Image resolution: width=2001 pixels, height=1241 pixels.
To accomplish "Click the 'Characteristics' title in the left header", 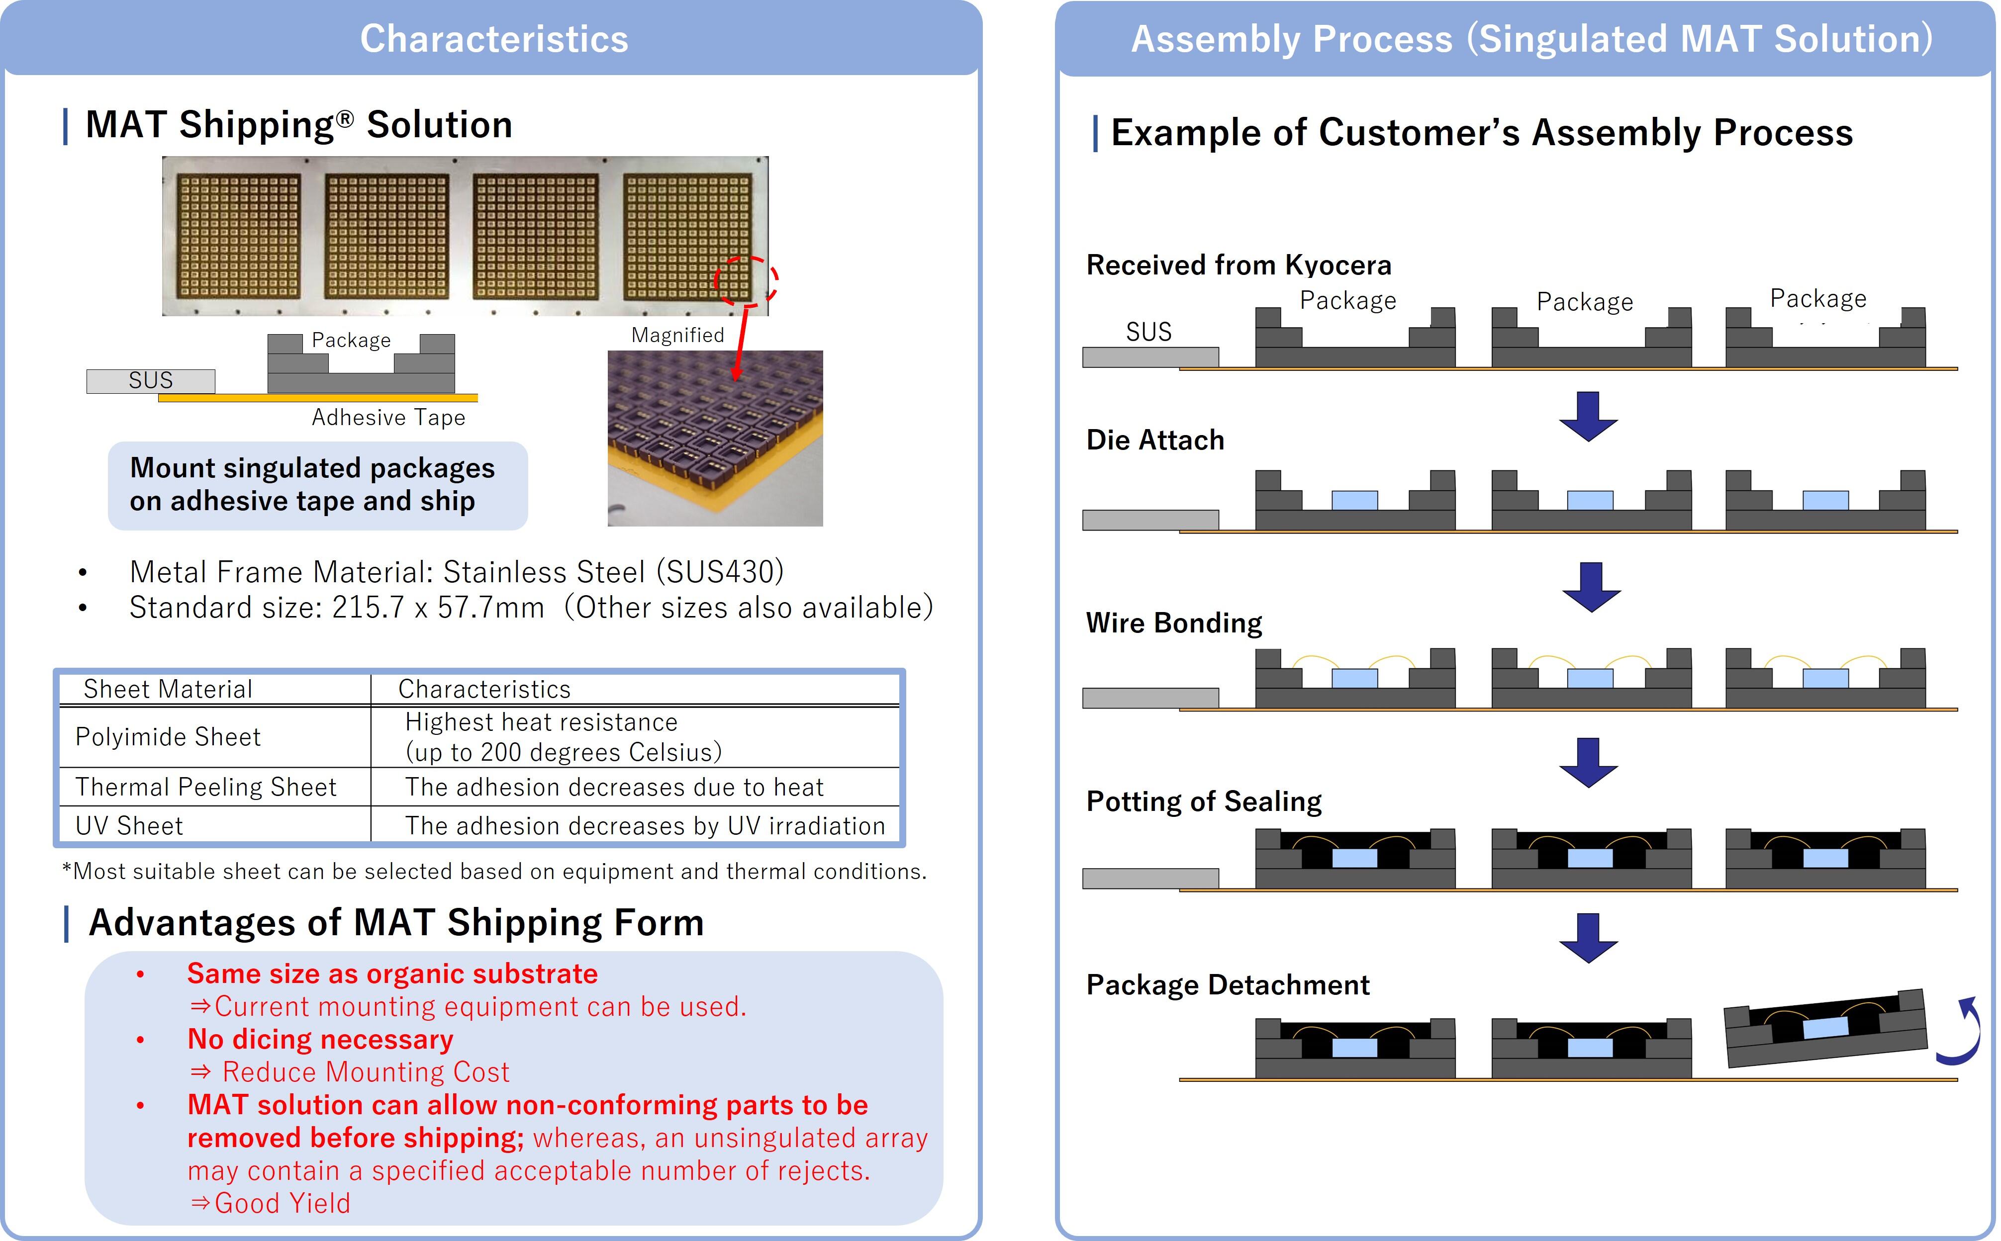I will (x=493, y=39).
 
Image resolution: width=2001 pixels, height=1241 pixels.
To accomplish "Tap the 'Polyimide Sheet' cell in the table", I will (x=168, y=737).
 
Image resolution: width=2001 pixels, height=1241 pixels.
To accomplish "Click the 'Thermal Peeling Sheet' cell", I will (x=205, y=787).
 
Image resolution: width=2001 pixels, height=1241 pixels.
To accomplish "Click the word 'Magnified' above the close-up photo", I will (x=677, y=335).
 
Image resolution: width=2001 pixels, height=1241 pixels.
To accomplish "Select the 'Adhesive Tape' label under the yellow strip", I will (x=388, y=418).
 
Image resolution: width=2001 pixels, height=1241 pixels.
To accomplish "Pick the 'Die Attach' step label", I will (x=1154, y=441).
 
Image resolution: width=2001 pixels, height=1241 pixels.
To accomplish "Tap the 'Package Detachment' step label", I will (x=1228, y=985).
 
